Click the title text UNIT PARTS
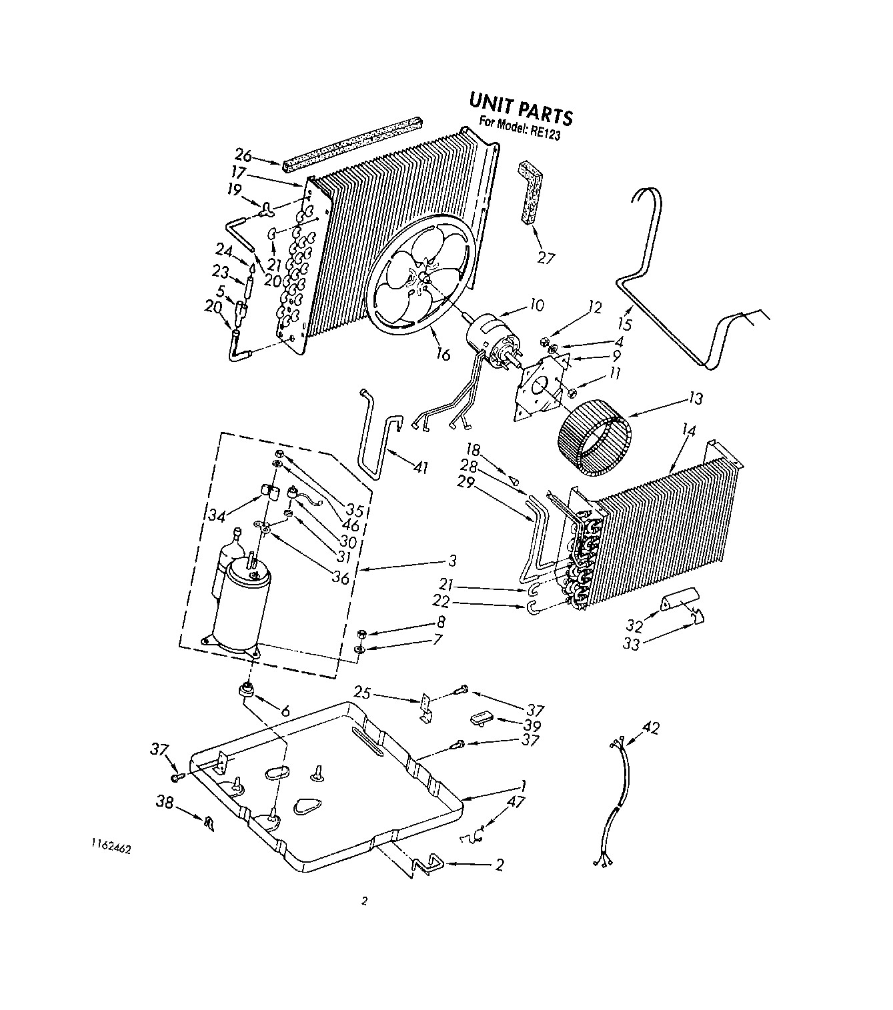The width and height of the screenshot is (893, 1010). pos(520,109)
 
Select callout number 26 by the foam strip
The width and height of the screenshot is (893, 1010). pos(243,156)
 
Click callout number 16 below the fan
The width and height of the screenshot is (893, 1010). pos(443,354)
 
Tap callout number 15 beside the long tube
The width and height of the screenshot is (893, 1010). pos(625,324)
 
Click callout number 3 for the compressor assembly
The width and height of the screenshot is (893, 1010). pos(452,560)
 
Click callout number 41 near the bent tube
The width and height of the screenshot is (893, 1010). pos(420,467)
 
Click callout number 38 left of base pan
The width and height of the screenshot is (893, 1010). pos(165,802)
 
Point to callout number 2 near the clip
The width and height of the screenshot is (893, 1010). pos(498,865)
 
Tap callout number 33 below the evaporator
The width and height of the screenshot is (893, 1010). pos(631,644)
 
